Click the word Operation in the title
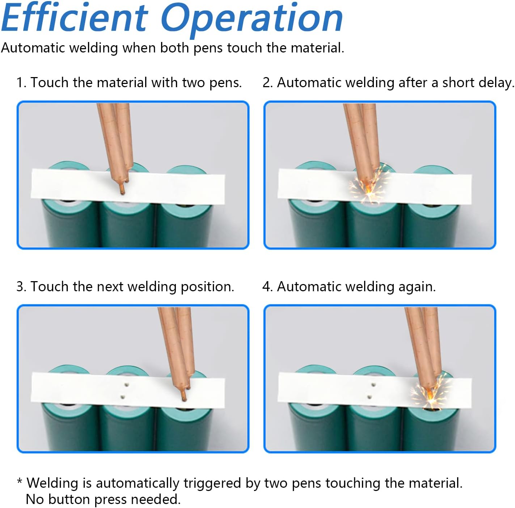252,18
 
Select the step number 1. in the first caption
21,82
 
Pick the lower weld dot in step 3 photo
123,397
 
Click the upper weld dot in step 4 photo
373,385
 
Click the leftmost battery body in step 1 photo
69,224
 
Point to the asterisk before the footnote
20,482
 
